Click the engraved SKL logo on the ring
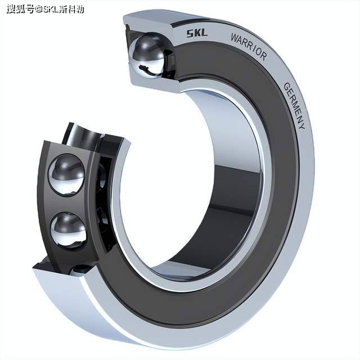(196, 33)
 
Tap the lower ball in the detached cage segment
(68, 230)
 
